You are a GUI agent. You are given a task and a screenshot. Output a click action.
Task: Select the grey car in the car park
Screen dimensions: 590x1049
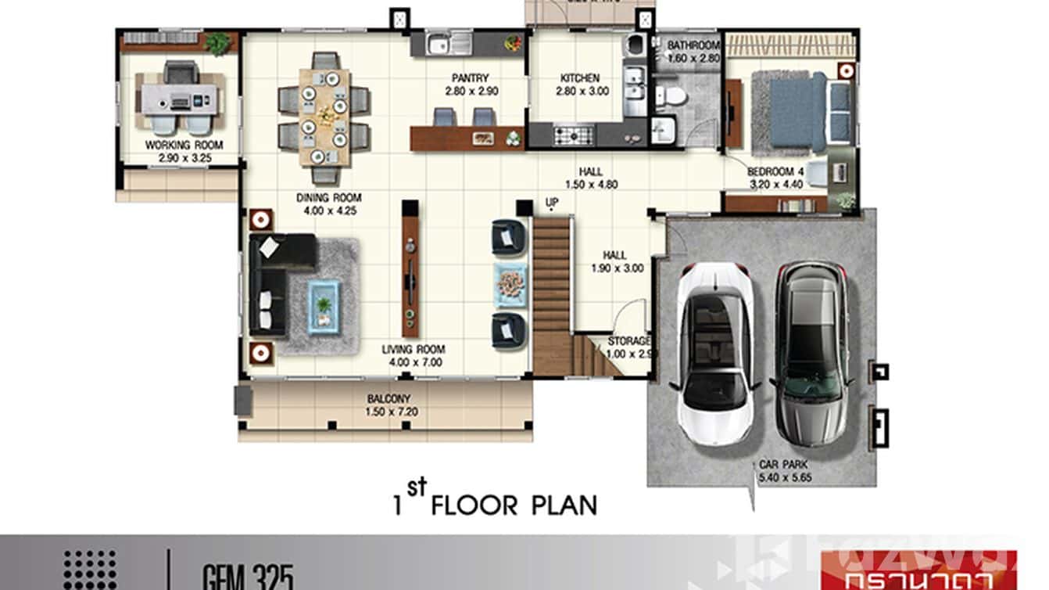pos(811,352)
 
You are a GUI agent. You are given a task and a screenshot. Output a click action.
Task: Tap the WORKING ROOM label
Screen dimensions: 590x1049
pos(184,146)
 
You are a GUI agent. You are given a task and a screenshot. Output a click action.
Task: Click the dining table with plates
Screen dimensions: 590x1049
pos(324,117)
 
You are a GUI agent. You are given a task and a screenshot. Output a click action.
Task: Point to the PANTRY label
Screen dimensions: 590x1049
pos(471,78)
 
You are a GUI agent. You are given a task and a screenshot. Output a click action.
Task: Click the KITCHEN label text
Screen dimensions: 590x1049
pos(580,78)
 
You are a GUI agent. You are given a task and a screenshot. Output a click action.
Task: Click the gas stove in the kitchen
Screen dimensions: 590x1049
pos(575,135)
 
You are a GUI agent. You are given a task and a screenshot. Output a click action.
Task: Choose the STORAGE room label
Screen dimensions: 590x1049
pos(629,342)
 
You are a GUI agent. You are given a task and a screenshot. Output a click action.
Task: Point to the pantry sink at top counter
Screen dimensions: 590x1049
pos(449,43)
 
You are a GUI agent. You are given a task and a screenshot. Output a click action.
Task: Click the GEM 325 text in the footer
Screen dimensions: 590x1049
pos(249,578)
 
